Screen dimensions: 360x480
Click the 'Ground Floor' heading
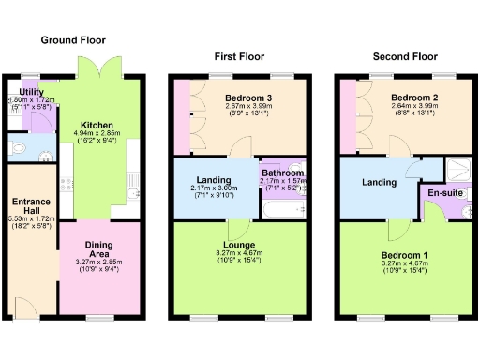pos(73,40)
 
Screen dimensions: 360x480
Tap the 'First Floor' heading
pos(236,56)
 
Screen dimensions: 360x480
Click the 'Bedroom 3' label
pos(249,97)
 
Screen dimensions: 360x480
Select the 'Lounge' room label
pos(238,245)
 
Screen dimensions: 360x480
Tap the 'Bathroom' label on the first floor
pos(282,173)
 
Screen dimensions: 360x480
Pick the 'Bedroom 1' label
pos(404,253)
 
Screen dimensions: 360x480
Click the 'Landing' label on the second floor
pos(379,182)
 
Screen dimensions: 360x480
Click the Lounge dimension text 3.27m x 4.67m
pos(238,253)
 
